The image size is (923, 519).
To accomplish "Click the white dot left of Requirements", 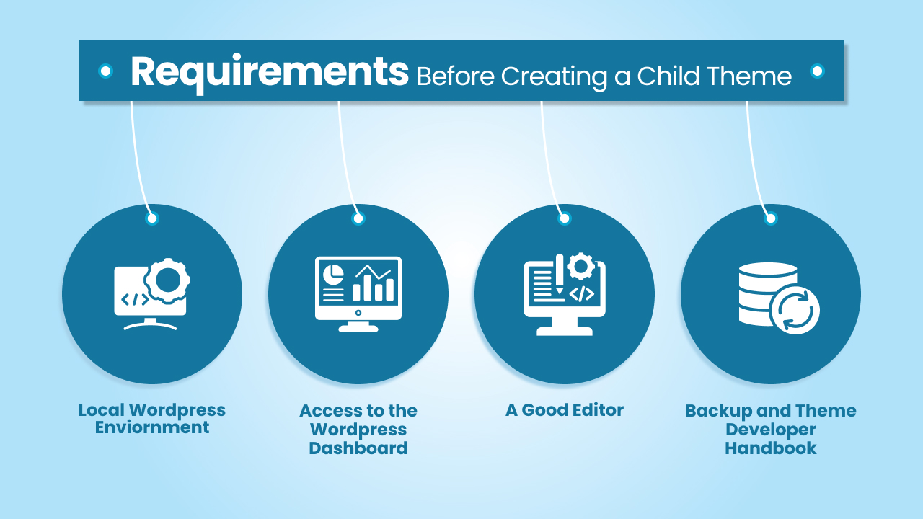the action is pyautogui.click(x=106, y=71).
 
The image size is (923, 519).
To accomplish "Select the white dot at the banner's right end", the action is pyautogui.click(x=817, y=71).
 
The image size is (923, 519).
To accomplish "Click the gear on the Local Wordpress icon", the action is pyautogui.click(x=167, y=281).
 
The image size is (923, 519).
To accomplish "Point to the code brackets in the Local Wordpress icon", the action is pyautogui.click(x=135, y=299).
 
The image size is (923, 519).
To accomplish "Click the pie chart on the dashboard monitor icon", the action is pyautogui.click(x=333, y=275).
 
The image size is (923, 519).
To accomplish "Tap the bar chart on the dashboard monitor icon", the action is pyautogui.click(x=374, y=283).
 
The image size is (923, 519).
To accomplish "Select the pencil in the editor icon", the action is pyautogui.click(x=559, y=275).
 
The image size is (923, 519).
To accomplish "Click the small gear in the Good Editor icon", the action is pyautogui.click(x=581, y=266).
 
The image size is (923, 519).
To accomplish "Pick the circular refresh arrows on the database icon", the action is pyautogui.click(x=795, y=310).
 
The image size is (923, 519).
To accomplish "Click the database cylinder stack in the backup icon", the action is pyautogui.click(x=768, y=293).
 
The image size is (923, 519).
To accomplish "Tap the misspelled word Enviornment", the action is pyautogui.click(x=152, y=427).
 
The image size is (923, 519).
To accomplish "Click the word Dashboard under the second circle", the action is pyautogui.click(x=358, y=448).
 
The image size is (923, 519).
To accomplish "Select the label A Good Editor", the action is pyautogui.click(x=565, y=410).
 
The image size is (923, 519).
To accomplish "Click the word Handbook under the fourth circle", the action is pyautogui.click(x=771, y=448).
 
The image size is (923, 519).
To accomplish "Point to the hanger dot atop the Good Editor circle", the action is pyautogui.click(x=565, y=218).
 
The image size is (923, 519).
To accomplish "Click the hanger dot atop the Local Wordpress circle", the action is pyautogui.click(x=152, y=218).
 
